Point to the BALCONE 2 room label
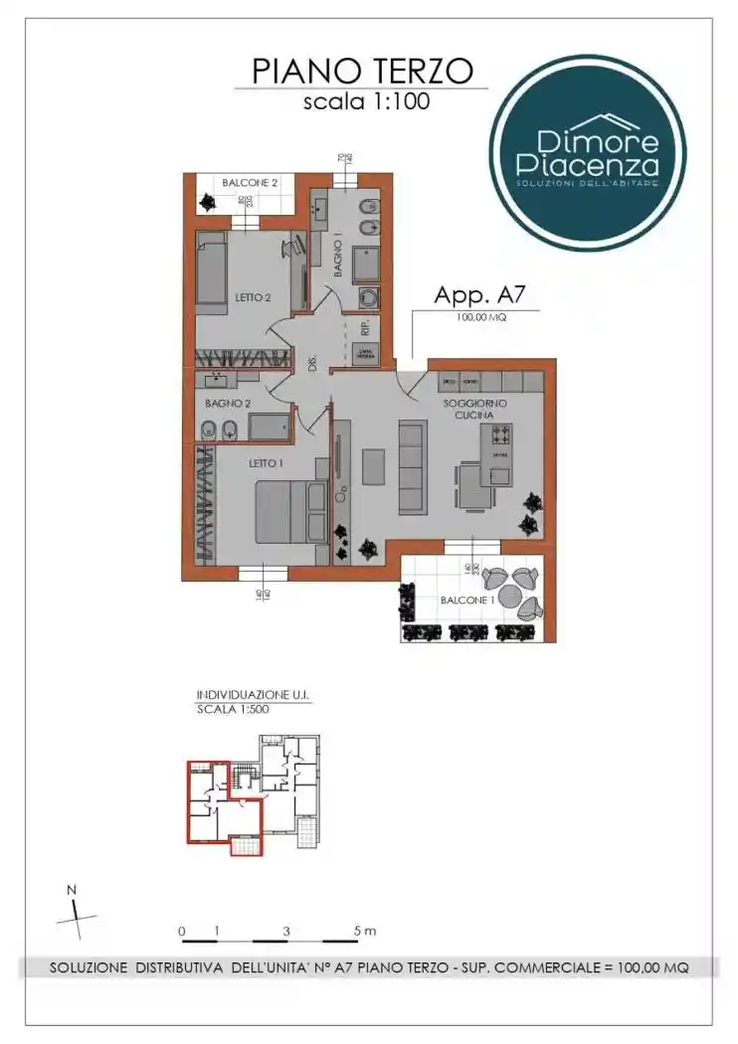tap(250, 183)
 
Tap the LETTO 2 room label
tap(254, 296)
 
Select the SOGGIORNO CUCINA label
tap(474, 409)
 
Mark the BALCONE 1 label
tap(466, 601)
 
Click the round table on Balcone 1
tap(512, 595)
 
